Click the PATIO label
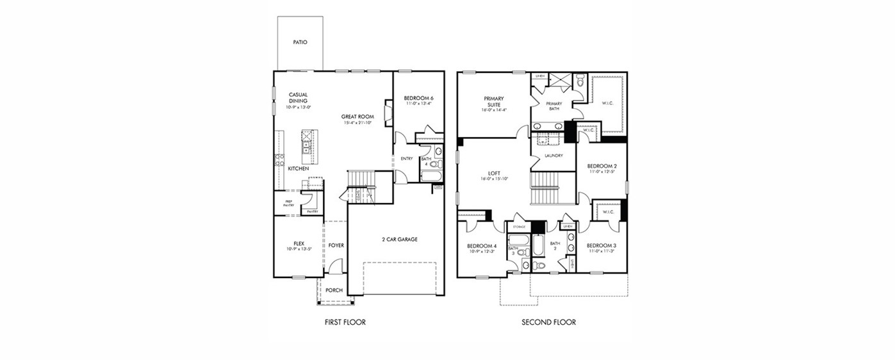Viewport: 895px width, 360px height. click(x=300, y=42)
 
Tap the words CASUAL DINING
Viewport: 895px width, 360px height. click(x=298, y=98)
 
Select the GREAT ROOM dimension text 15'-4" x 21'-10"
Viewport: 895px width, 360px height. click(x=357, y=122)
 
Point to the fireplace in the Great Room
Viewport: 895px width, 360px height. click(x=387, y=111)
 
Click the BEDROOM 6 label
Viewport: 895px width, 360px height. click(x=418, y=97)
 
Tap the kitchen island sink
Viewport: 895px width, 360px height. click(x=308, y=151)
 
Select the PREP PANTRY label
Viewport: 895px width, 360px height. click(x=288, y=203)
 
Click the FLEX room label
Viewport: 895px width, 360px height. click(x=299, y=243)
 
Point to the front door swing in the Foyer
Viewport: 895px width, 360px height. click(x=338, y=266)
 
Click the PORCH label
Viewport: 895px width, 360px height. click(x=334, y=290)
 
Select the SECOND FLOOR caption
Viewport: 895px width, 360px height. click(x=548, y=322)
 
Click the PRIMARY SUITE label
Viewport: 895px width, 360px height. click(x=493, y=101)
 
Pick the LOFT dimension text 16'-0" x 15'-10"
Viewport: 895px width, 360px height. click(x=493, y=179)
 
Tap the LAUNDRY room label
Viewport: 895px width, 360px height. click(x=554, y=156)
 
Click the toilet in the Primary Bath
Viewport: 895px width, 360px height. click(x=580, y=81)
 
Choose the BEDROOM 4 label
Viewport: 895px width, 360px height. click(x=481, y=246)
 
